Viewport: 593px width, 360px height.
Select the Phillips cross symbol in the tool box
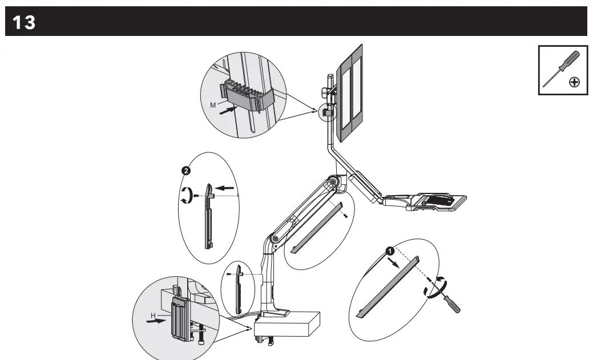pos(575,82)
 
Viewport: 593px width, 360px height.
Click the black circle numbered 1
pos(389,250)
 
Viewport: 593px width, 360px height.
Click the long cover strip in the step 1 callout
pos(388,285)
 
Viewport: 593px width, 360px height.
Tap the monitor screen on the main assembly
pos(350,94)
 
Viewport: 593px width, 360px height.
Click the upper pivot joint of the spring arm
pos(332,183)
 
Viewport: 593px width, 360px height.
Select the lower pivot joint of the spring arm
pos(275,237)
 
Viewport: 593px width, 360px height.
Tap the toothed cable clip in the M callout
pos(245,94)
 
